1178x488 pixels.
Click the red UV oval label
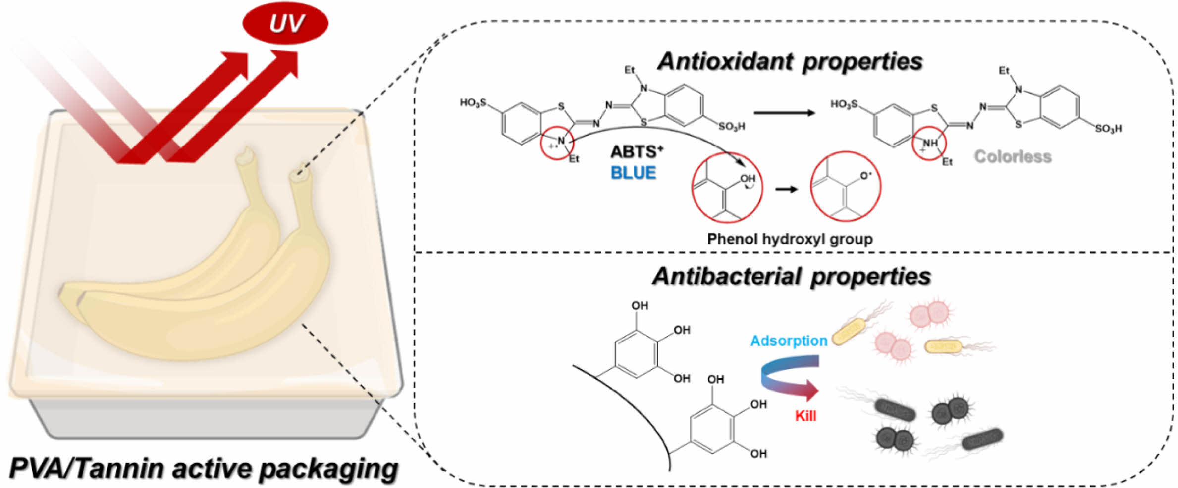tap(285, 23)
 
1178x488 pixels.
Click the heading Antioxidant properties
tap(790, 62)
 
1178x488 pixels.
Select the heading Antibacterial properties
tap(791, 276)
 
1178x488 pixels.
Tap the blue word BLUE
tap(633, 173)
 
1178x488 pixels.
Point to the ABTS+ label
tap(637, 151)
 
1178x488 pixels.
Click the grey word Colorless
tap(1013, 157)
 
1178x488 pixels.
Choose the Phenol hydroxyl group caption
tap(790, 239)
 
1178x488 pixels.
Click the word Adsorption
tap(789, 341)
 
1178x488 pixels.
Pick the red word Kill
tap(805, 416)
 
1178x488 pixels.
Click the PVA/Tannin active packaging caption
tap(203, 469)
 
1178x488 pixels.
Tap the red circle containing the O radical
tap(846, 187)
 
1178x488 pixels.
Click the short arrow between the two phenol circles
tap(787, 189)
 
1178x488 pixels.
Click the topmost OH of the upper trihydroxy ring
tap(640, 306)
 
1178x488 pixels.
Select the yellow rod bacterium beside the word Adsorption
tap(849, 332)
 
